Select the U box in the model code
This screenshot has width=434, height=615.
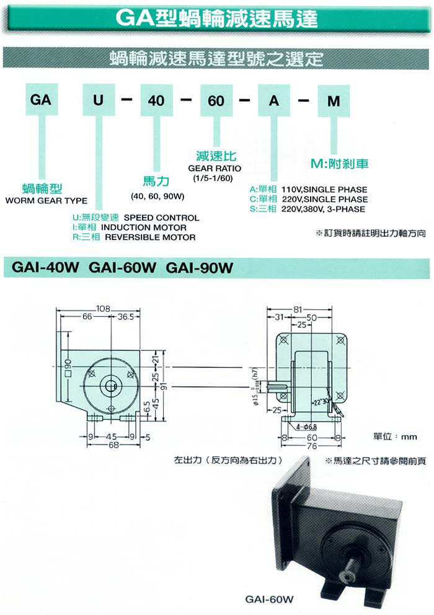(97, 99)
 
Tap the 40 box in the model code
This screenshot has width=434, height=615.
(156, 99)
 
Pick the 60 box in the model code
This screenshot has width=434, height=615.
(216, 99)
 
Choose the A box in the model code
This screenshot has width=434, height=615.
(275, 99)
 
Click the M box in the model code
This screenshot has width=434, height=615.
(334, 99)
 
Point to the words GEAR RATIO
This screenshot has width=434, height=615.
(214, 168)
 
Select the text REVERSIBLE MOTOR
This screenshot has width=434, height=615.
(150, 237)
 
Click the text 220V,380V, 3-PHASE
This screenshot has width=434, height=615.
(324, 209)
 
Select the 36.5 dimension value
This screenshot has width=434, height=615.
(127, 317)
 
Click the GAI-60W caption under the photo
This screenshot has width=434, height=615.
(268, 600)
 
